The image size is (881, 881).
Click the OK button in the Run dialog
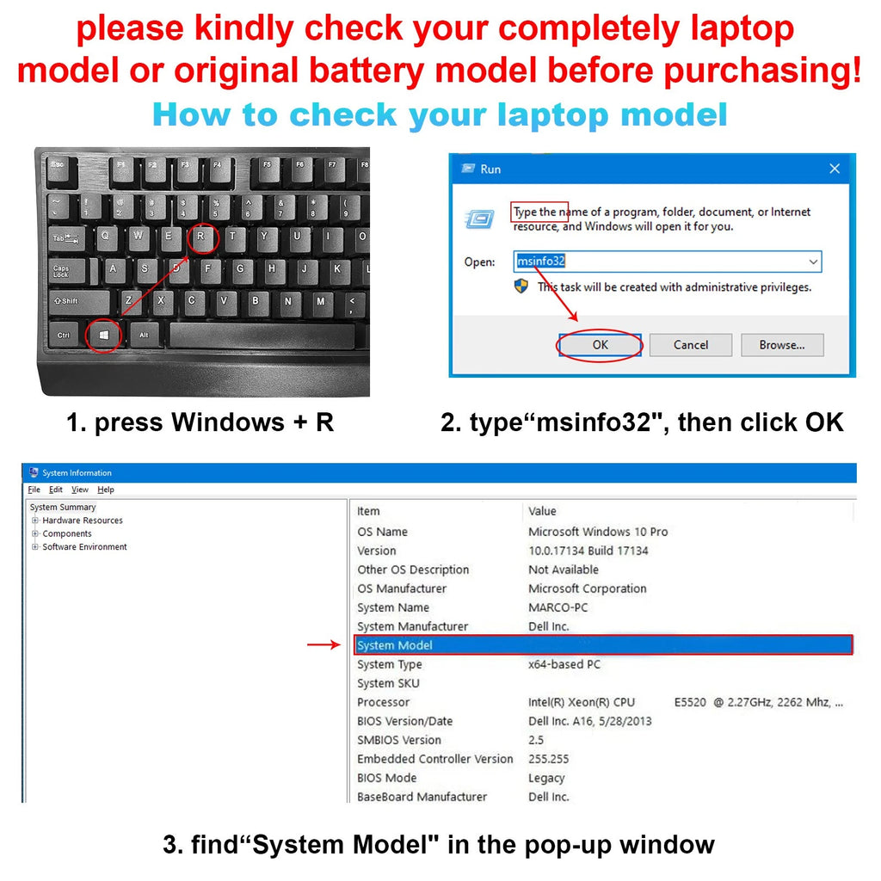600,344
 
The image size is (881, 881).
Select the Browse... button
782,345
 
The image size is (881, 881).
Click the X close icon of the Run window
835,169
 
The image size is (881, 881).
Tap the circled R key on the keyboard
201,237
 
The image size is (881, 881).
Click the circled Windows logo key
104,336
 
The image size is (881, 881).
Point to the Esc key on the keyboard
58,168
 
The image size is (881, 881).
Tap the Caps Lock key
67,271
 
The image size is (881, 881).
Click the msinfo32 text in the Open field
540,261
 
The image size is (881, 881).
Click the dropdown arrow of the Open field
812,262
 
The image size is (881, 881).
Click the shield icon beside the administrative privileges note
521,286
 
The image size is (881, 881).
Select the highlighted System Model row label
394,645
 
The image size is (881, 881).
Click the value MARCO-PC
558,607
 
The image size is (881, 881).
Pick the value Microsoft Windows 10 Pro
598,532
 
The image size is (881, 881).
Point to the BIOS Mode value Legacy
546,778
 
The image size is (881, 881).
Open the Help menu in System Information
106,490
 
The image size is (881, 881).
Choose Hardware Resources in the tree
83,521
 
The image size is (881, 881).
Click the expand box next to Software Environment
34,546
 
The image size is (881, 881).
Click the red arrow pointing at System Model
323,644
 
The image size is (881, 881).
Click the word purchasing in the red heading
762,71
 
